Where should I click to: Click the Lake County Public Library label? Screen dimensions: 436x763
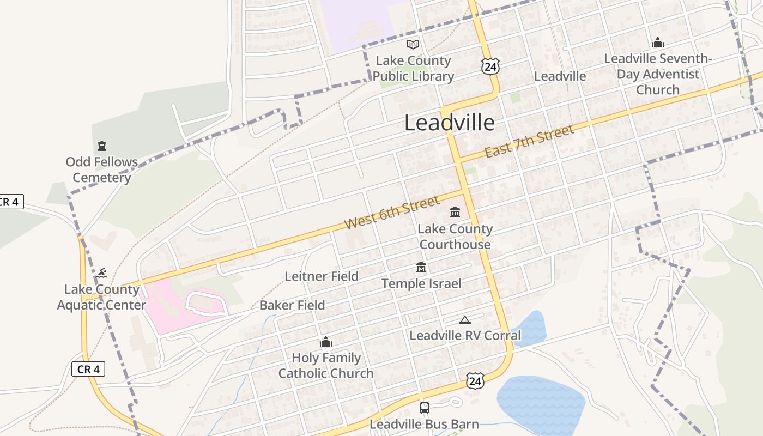(413, 69)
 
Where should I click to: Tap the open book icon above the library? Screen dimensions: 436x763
(413, 45)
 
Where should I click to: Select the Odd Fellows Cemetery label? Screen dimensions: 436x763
(102, 169)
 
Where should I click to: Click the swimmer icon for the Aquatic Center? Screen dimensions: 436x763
(102, 272)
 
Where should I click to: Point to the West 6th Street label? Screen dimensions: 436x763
(392, 213)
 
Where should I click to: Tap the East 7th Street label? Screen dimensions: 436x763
(529, 141)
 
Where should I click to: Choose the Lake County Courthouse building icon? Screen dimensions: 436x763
(455, 212)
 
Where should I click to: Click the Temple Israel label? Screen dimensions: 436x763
(421, 283)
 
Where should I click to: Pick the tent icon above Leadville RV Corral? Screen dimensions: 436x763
(464, 320)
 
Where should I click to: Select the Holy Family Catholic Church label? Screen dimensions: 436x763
(326, 366)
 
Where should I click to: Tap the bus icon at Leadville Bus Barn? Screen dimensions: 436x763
(424, 408)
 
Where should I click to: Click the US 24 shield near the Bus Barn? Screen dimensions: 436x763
(475, 380)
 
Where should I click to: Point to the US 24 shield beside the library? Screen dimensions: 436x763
(490, 66)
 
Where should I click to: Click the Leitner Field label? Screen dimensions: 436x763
(322, 276)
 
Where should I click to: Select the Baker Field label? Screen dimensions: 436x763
(292, 305)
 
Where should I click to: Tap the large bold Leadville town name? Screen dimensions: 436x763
(450, 123)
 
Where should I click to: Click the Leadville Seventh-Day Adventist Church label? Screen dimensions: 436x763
(658, 74)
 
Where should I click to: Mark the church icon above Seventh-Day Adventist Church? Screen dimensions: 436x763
(658, 43)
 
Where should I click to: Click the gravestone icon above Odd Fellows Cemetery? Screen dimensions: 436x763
(102, 146)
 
